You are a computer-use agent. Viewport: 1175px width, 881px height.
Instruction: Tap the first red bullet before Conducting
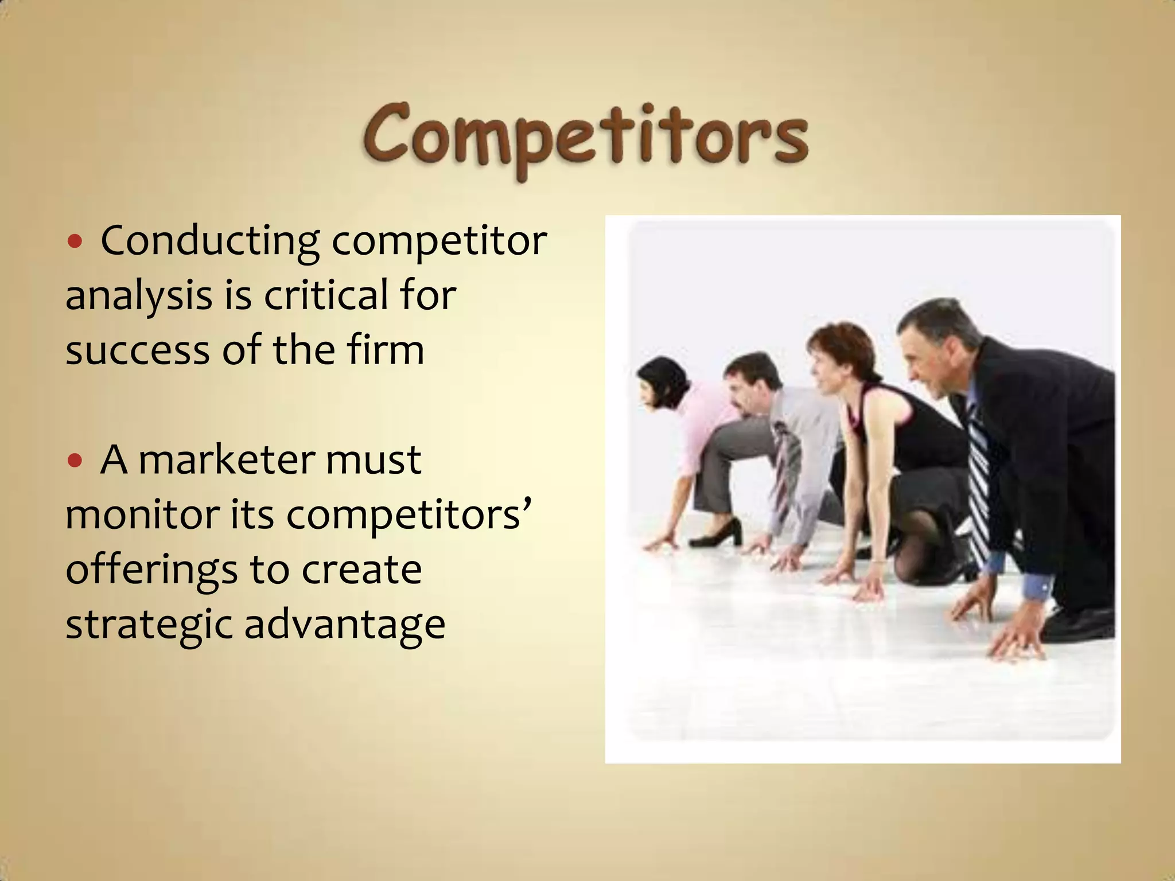pyautogui.click(x=75, y=241)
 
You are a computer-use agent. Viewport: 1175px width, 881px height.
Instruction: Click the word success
pyautogui.click(x=138, y=351)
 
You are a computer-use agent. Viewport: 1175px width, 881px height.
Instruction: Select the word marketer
pyautogui.click(x=227, y=460)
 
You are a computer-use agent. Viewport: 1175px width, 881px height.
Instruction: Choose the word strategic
pyautogui.click(x=148, y=625)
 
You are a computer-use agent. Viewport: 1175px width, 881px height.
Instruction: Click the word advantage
pyautogui.click(x=345, y=625)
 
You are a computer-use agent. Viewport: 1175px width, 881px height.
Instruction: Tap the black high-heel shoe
pyautogui.click(x=717, y=533)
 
